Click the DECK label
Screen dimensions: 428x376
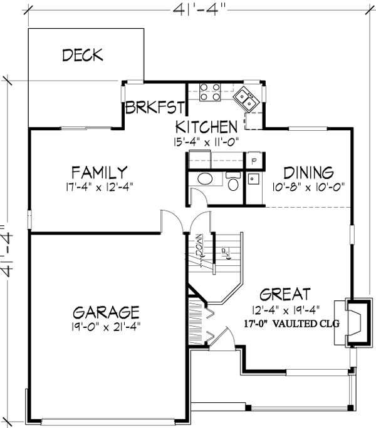[82, 55]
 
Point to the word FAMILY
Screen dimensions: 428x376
[100, 171]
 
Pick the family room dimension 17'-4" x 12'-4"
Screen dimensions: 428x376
[100, 186]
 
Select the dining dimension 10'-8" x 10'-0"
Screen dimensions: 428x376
[308, 186]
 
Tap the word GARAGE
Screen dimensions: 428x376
[105, 312]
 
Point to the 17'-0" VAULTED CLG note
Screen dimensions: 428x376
[292, 324]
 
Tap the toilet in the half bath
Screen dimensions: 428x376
[232, 183]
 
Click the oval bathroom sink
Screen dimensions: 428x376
[205, 180]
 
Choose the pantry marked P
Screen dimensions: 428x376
[254, 160]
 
